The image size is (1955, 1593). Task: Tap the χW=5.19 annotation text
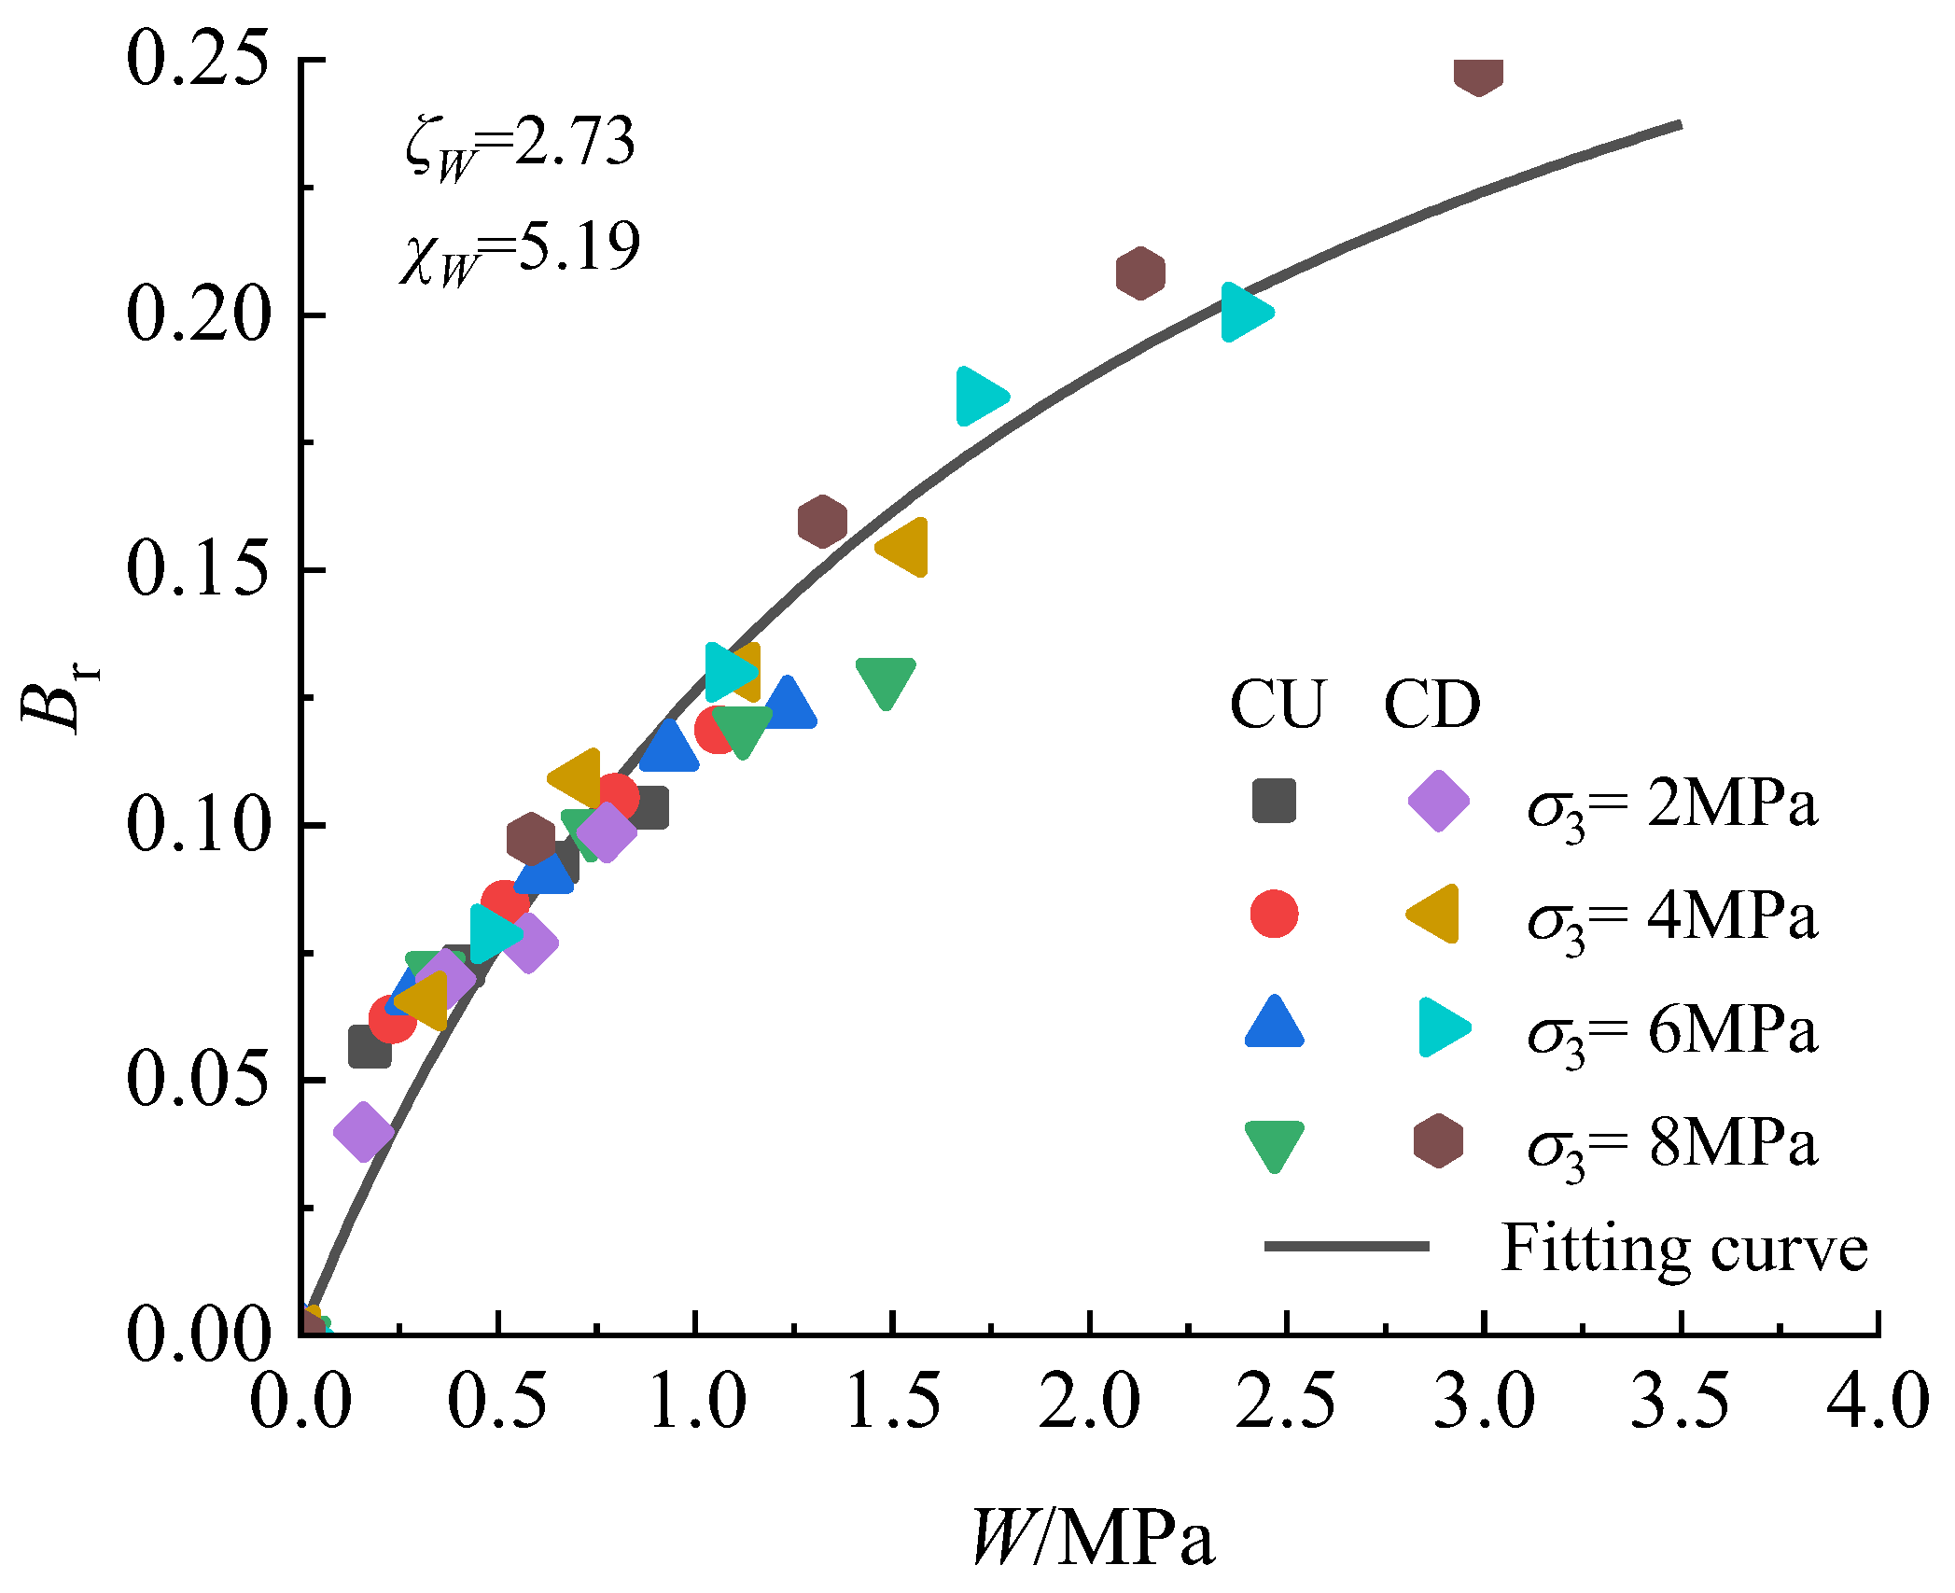coord(520,252)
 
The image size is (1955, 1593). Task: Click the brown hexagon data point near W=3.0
coord(1479,72)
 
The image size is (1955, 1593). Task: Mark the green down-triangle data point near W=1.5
coord(886,681)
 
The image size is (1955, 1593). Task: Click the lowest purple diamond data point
coord(363,1132)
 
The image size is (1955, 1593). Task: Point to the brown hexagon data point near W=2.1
coord(1140,273)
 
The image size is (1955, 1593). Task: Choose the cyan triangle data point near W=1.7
coord(979,396)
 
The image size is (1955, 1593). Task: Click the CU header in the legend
coord(1277,705)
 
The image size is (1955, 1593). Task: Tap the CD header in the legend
coord(1431,705)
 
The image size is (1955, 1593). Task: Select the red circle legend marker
coord(1274,914)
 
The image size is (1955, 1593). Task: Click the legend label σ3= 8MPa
coord(1672,1145)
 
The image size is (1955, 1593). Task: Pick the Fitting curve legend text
coord(1684,1249)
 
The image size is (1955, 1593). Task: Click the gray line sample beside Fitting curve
coord(1347,1246)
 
